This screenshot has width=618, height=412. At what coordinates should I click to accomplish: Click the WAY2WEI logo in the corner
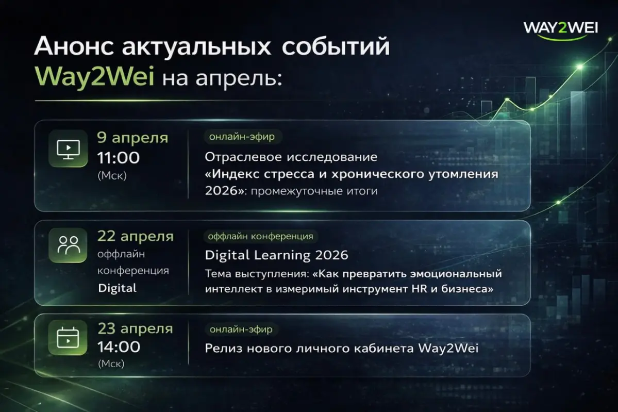pos(560,28)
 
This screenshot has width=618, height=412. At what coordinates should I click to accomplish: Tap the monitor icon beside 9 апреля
pos(68,149)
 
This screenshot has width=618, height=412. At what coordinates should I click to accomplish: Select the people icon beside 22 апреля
pos(68,245)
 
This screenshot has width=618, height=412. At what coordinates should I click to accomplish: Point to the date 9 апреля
pos(132,138)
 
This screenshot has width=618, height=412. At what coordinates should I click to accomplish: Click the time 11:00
pos(118,157)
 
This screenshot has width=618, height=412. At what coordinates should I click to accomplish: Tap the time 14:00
pos(119,346)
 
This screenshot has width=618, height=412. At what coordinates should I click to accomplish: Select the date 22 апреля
pos(136,237)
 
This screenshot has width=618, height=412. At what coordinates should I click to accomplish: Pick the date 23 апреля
pos(135,328)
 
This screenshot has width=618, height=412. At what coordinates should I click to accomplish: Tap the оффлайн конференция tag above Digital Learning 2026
pos(260,237)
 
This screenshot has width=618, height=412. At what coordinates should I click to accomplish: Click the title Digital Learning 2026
pos(276,255)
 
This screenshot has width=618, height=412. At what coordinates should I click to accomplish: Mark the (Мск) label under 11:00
pos(111,175)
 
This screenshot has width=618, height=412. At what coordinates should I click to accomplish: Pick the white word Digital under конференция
pos(118,288)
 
